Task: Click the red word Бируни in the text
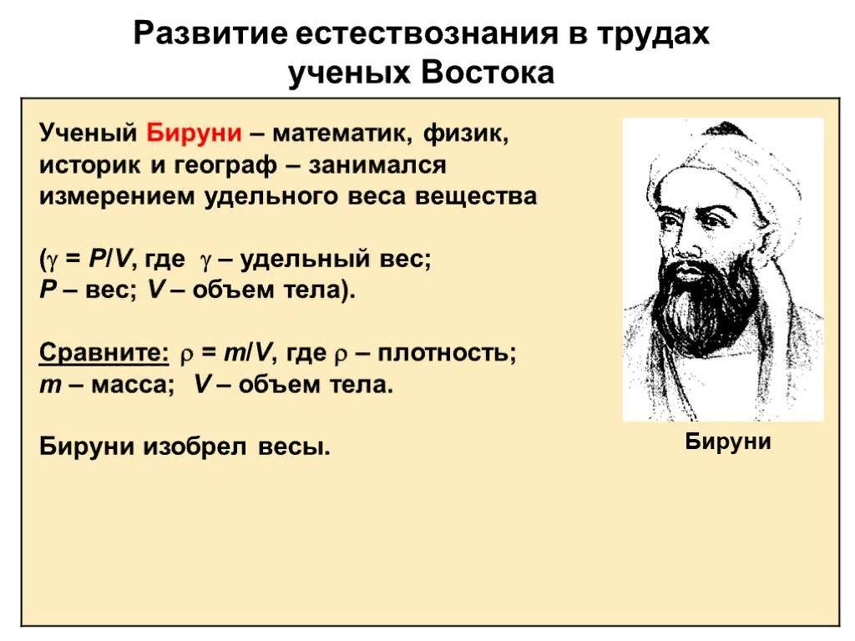tap(195, 134)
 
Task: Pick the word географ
tap(225, 165)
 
